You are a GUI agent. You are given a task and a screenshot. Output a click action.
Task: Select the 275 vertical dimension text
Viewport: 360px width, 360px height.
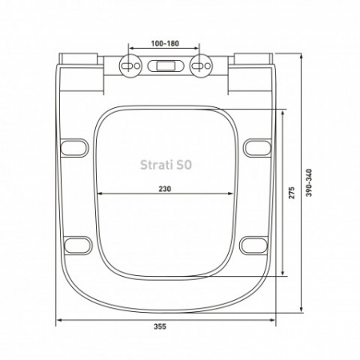point(293,191)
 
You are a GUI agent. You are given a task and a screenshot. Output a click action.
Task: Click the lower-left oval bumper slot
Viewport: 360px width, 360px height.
point(76,243)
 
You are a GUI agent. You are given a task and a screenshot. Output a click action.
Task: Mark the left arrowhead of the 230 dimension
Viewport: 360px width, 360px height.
point(99,194)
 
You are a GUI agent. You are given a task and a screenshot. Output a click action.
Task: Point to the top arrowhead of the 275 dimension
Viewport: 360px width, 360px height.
point(284,111)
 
